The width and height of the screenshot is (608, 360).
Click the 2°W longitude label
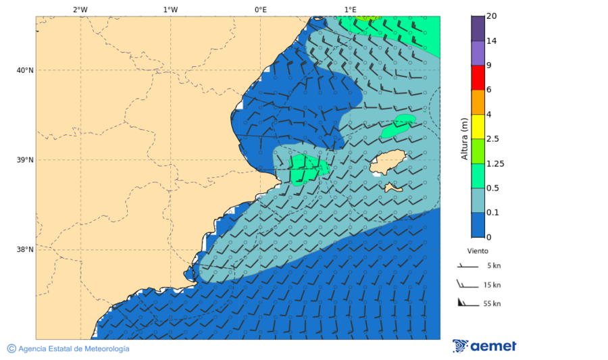tap(80, 9)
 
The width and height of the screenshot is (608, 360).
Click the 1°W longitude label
tap(170, 9)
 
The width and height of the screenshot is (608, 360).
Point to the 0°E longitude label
tap(260, 9)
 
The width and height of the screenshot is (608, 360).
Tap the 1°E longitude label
tap(351, 9)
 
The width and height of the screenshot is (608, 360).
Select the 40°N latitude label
tap(25, 70)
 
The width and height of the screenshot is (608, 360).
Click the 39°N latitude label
tap(25, 160)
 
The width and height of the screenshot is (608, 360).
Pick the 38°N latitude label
tap(25, 250)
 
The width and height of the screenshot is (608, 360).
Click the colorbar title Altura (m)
tap(464, 138)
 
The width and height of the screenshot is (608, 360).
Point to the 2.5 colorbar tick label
tap(493, 139)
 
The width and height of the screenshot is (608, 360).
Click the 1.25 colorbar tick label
tap(495, 163)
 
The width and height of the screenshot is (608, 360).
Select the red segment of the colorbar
tap(478, 78)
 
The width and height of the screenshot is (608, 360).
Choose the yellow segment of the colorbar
tap(478, 126)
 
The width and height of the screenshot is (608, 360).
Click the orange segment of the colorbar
tap(478, 102)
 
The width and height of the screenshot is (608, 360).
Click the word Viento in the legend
tap(478, 250)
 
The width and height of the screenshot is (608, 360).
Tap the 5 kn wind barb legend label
tap(493, 265)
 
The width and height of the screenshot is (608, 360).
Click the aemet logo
tap(484, 346)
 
